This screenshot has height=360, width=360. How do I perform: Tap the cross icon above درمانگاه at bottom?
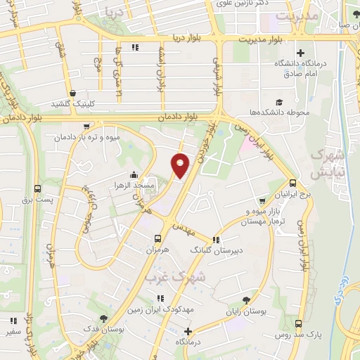coord(188,331)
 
